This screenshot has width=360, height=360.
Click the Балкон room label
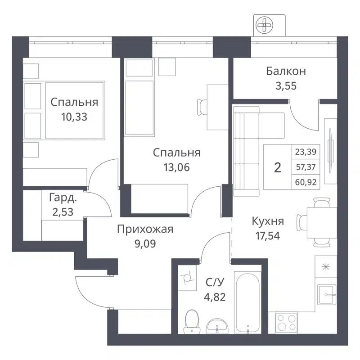(x=286, y=71)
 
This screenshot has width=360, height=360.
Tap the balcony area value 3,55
(x=286, y=86)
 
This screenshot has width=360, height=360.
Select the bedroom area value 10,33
(x=74, y=117)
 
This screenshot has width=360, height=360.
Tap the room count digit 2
(x=278, y=167)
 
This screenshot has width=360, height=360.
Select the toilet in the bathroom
(x=193, y=320)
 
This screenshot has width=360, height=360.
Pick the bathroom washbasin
(x=219, y=325)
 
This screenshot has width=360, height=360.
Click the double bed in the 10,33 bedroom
(x=74, y=109)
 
